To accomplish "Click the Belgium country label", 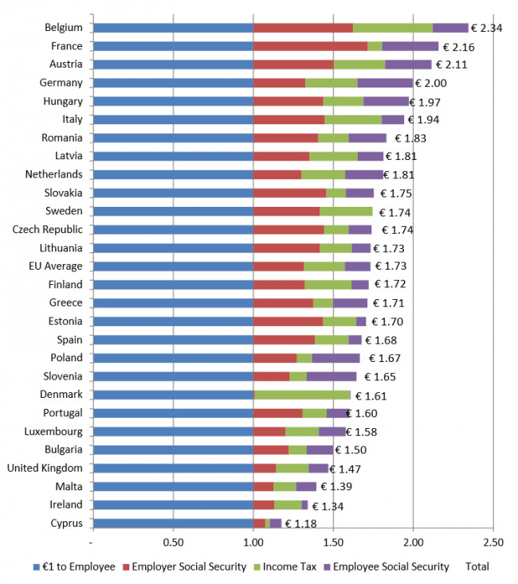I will [64, 28].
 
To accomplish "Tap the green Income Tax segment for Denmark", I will [302, 395].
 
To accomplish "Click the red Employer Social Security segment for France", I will [310, 46].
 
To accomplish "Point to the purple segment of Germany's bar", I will [385, 83].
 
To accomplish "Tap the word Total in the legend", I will [477, 566].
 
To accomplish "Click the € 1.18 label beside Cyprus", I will [300, 524].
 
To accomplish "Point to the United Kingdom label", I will [45, 468].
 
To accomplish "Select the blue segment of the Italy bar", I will [173, 119].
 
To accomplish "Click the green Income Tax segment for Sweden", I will [346, 212].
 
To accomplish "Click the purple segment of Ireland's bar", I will [304, 504].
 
